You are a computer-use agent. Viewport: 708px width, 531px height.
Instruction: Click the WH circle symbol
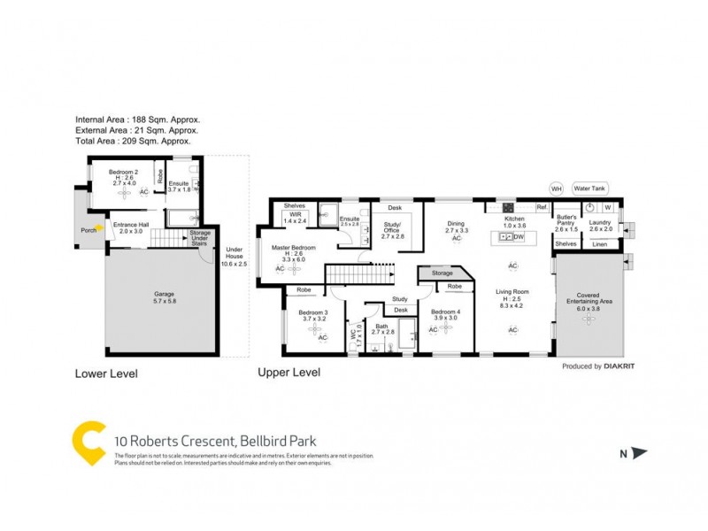coord(557,189)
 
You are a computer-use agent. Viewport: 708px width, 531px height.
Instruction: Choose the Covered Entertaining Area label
coord(589,297)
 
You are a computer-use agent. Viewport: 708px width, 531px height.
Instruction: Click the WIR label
coord(294,213)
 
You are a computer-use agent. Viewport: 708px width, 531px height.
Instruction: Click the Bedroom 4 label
coord(445,312)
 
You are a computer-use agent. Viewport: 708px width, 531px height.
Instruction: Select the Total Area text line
coord(133,141)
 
